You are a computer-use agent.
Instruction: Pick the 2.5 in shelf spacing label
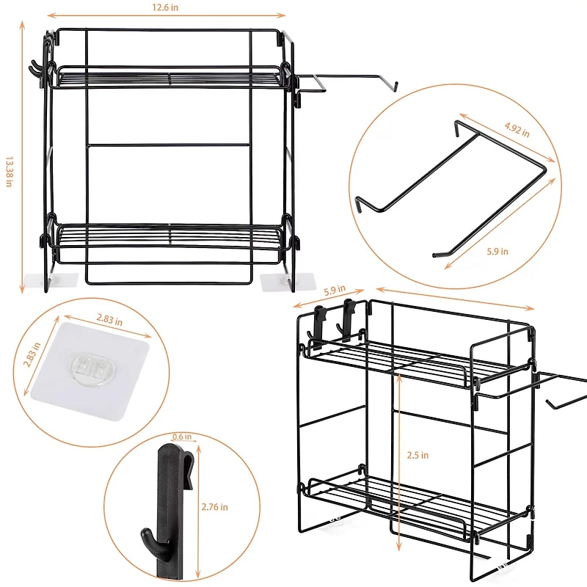pos(419,455)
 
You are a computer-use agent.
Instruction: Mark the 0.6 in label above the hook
pos(183,437)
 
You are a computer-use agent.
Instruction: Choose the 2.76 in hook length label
pos(214,506)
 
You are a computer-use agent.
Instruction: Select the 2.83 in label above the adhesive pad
pos(109,321)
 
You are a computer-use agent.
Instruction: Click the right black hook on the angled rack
pos(349,316)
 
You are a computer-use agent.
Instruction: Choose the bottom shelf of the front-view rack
pos(170,236)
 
